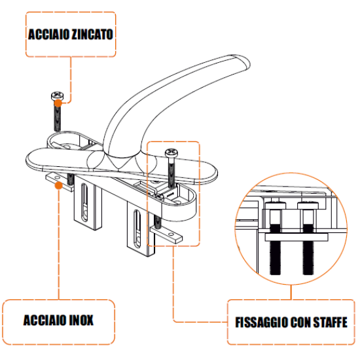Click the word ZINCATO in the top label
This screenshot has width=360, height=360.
click(92, 35)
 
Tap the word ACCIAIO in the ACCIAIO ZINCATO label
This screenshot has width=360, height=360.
click(48, 35)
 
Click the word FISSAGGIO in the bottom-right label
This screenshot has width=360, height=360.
click(261, 322)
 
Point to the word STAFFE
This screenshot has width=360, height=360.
click(331, 322)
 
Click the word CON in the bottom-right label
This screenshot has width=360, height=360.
click(300, 322)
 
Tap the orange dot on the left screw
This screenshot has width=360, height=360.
click(58, 103)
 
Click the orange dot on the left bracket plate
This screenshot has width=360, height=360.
click(59, 185)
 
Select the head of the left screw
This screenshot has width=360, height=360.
click(57, 96)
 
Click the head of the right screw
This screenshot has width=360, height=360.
click(171, 153)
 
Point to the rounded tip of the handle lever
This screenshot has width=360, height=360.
click(244, 61)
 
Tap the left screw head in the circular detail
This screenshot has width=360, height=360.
click(276, 205)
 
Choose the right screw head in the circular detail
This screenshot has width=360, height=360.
click(308, 205)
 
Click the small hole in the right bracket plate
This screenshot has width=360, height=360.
click(171, 234)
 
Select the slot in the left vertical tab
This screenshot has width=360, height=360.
click(84, 202)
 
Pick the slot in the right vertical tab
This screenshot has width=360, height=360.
click(137, 228)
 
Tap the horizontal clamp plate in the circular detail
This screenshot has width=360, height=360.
click(297, 237)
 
